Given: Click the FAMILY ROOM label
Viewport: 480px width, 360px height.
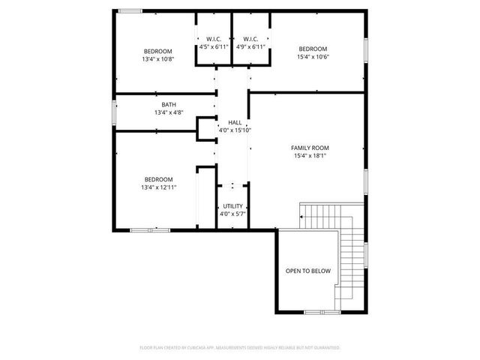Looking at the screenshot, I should [x=310, y=148].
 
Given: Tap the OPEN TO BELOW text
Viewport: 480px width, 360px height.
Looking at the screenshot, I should [x=307, y=271].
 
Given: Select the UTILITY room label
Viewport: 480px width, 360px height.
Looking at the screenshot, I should [x=232, y=205].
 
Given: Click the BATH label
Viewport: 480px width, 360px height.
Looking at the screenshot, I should [x=169, y=105].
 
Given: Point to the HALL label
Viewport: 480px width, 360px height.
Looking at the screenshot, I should [x=234, y=121].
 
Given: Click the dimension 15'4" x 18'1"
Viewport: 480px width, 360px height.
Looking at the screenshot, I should [x=310, y=156].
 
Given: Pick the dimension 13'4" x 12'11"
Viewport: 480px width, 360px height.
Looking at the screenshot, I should [x=158, y=187].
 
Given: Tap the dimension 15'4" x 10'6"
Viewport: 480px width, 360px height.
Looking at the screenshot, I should [x=313, y=57].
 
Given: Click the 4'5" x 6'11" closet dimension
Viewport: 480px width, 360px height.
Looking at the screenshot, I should [x=214, y=46].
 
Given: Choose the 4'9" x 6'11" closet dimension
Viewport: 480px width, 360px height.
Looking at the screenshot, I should [x=250, y=46].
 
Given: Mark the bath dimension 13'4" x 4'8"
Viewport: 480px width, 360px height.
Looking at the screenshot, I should [x=169, y=113].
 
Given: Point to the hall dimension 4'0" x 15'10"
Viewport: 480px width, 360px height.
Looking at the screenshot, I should [x=234, y=130].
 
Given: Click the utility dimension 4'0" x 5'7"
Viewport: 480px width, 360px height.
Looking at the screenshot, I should [x=232, y=214].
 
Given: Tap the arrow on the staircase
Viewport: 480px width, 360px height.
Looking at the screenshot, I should [x=302, y=216].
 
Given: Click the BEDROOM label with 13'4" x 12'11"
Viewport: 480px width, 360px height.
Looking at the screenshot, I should [x=158, y=179].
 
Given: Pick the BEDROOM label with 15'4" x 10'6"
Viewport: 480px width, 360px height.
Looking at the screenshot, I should [x=313, y=49].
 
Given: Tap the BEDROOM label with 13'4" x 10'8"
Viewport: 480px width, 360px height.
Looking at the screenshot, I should [x=158, y=50].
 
